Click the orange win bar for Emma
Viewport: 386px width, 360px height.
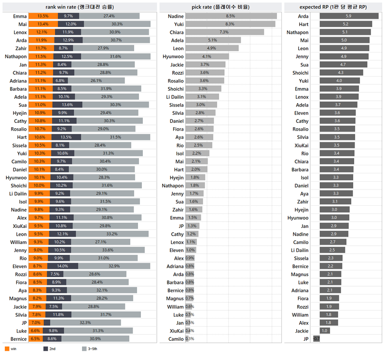(x=43, y=16)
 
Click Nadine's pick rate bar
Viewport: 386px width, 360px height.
(x=231, y=16)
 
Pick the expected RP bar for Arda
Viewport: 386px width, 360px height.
(x=348, y=16)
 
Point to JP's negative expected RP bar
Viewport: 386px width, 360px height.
(x=317, y=339)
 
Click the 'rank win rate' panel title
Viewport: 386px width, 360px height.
(x=80, y=6)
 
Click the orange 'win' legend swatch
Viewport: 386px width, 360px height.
(x=6, y=348)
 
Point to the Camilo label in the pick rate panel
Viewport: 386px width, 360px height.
(x=176, y=339)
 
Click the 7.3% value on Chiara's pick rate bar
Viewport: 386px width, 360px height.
(x=224, y=32)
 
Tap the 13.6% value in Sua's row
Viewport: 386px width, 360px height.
(x=67, y=105)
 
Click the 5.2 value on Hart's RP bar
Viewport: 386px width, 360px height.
(x=345, y=24)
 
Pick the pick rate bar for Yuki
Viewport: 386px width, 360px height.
(x=230, y=24)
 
